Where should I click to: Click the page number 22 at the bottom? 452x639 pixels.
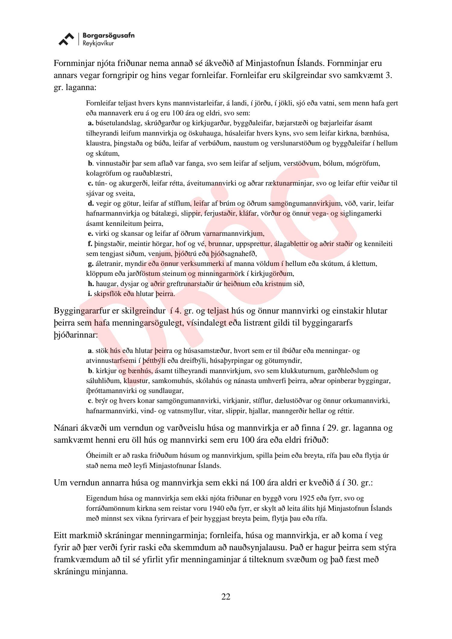tap(226, 597)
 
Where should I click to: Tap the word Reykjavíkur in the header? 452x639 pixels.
tap(98, 43)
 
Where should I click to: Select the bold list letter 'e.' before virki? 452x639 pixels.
tap(90, 233)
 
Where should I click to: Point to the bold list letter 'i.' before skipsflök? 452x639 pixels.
tap(90, 294)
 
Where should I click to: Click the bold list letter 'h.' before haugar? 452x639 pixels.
tap(91, 284)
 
